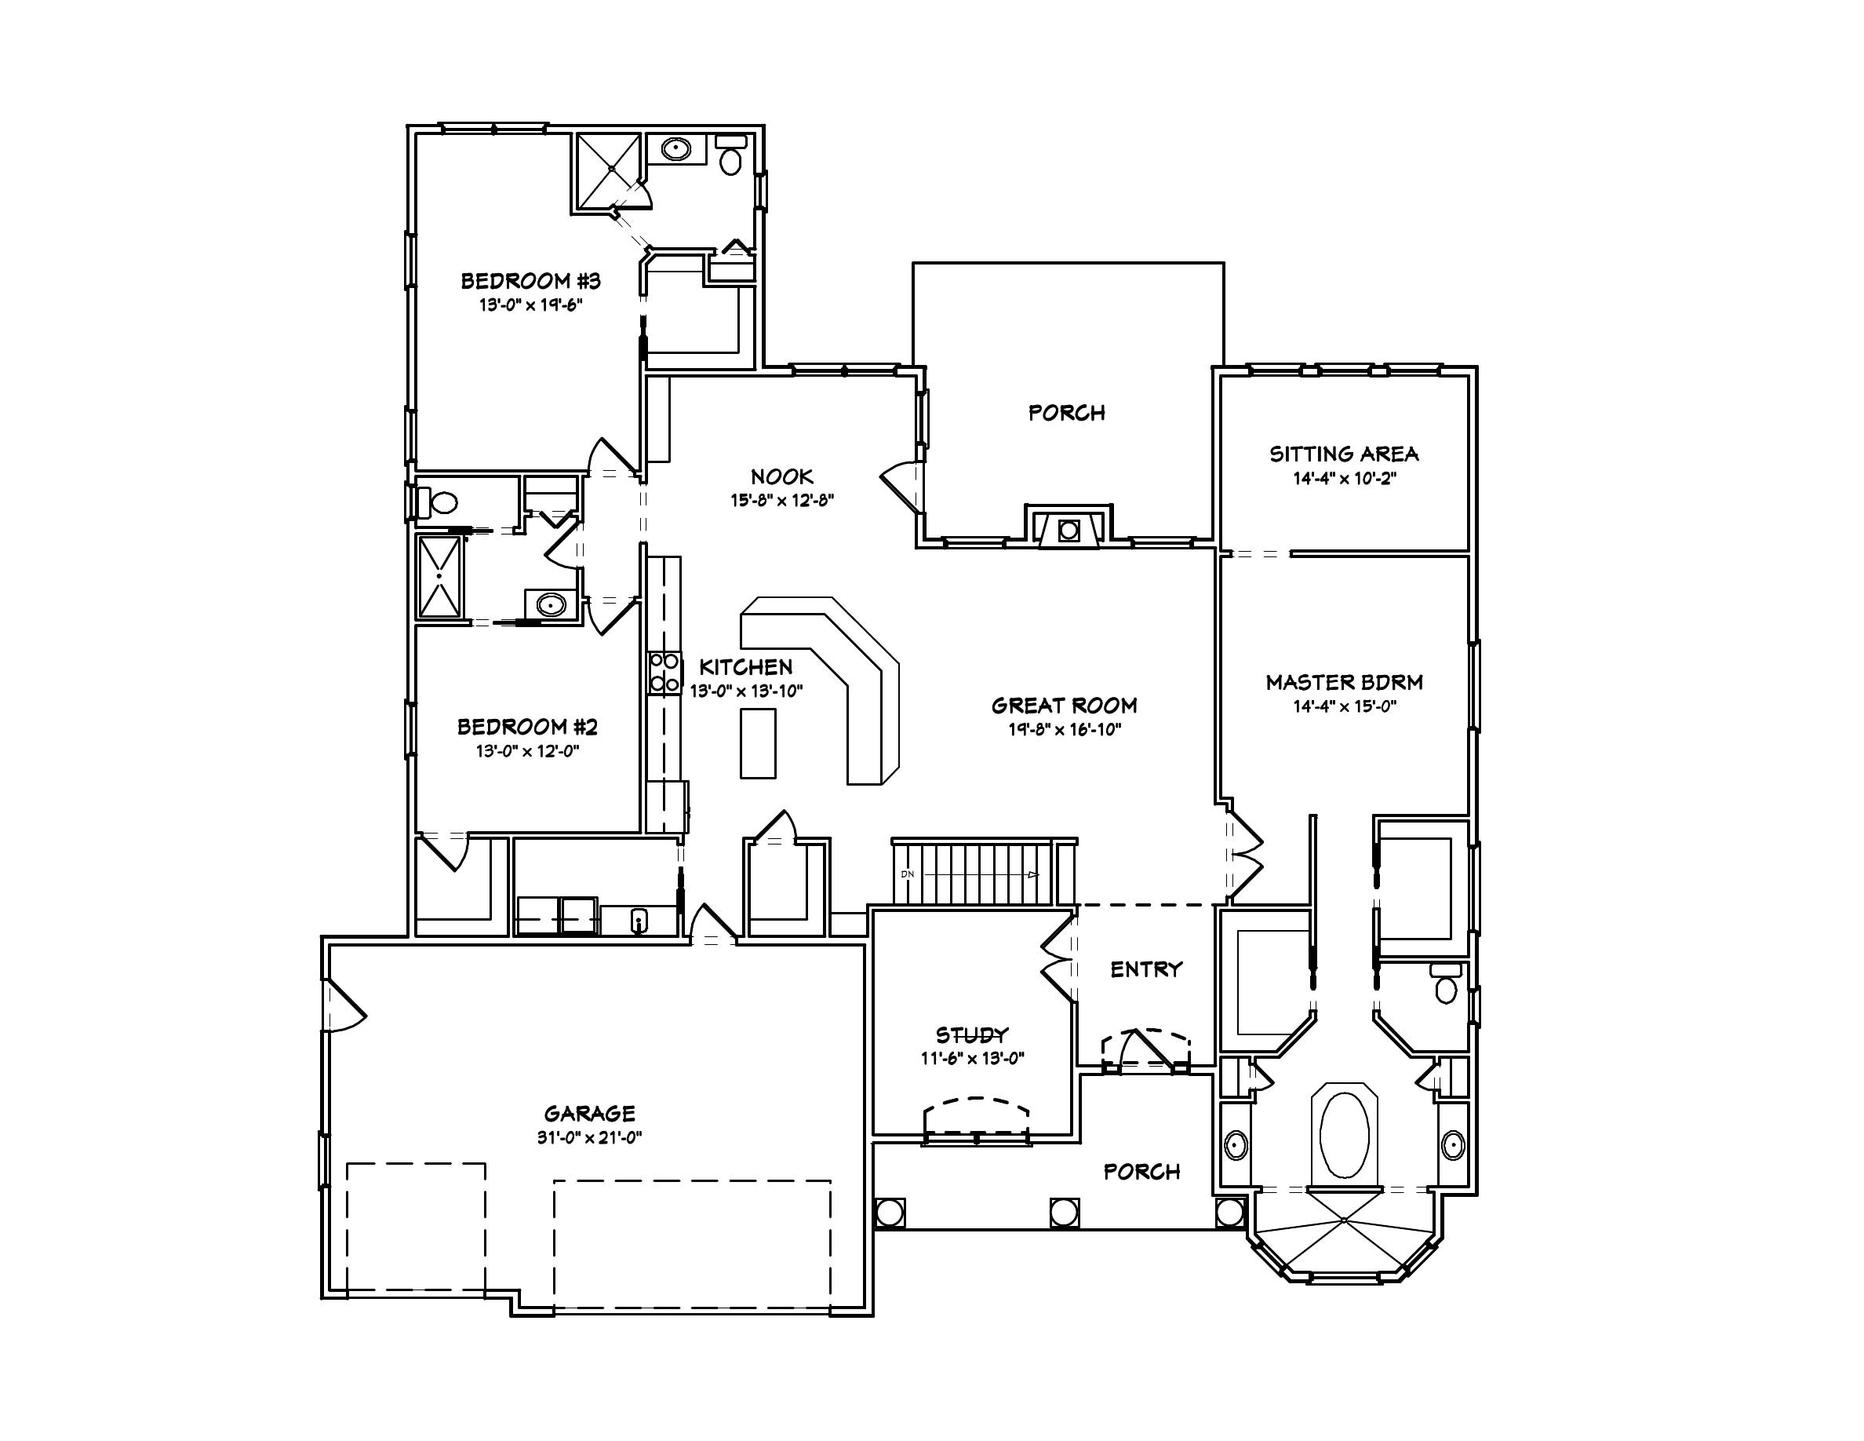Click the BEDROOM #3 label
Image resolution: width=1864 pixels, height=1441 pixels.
(531, 281)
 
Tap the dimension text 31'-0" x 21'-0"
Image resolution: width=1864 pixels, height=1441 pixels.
(589, 1137)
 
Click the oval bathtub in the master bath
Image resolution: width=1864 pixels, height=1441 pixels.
(1344, 1136)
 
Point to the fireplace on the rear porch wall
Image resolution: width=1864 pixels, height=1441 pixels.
(1069, 529)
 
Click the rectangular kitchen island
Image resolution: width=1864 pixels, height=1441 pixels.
(758, 742)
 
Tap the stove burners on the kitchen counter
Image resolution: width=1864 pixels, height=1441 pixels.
(664, 672)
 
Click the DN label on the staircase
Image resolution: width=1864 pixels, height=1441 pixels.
(906, 874)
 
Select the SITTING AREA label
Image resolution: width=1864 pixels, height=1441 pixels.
(1343, 454)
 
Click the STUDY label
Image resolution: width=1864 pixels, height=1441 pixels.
(972, 1035)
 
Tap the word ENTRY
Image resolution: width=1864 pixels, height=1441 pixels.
(1145, 969)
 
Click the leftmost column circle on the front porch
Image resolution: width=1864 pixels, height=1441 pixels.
(890, 1213)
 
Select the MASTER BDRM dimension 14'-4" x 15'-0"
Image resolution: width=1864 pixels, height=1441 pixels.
(1343, 706)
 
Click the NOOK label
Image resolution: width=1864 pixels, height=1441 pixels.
(782, 476)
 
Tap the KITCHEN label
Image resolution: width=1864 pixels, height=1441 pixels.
(746, 666)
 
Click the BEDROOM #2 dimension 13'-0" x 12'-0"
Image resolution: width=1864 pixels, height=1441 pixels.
(527, 751)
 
